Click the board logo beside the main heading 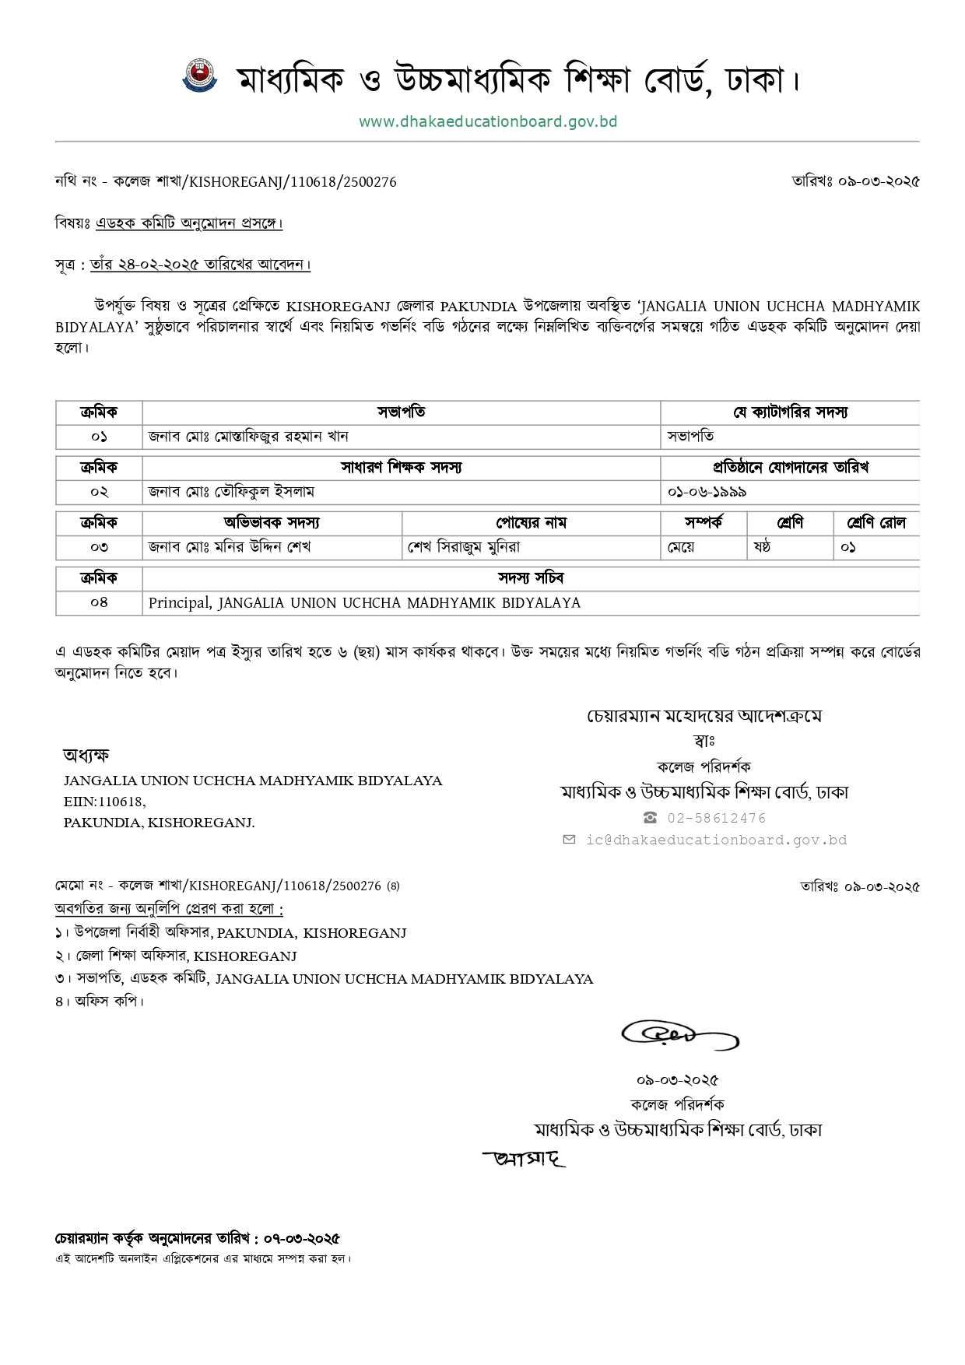(200, 76)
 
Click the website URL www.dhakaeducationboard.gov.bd (488, 122)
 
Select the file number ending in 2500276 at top (226, 182)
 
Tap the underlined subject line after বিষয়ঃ (189, 224)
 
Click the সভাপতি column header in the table (401, 412)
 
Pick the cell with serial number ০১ (99, 437)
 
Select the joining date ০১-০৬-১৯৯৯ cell (707, 492)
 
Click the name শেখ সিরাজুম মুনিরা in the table (464, 547)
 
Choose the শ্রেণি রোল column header (876, 523)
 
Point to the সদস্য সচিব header (531, 578)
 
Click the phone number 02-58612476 (716, 818)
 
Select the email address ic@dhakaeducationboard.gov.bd (716, 840)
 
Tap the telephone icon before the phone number (650, 818)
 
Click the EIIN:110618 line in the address (104, 801)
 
